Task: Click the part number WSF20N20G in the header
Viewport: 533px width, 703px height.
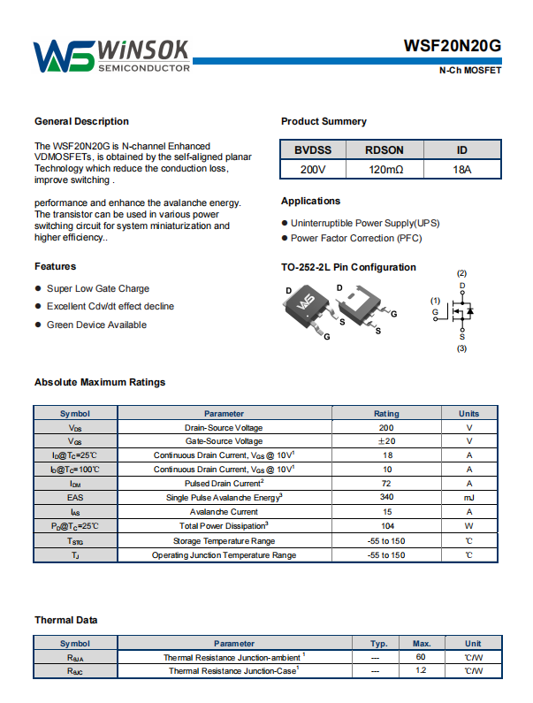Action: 453,46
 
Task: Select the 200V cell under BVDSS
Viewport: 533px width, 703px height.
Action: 312,169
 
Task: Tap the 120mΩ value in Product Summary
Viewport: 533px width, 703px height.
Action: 385,169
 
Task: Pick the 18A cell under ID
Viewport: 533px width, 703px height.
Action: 461,169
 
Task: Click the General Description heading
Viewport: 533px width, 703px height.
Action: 81,121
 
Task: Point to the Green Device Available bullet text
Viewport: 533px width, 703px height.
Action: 96,325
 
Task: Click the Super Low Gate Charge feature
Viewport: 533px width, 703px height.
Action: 98,288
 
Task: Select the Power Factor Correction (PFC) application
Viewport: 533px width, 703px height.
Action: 356,238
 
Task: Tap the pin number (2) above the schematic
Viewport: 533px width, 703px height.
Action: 461,273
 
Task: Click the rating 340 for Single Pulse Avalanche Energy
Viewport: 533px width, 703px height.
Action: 386,497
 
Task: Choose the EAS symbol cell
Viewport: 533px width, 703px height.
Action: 75,497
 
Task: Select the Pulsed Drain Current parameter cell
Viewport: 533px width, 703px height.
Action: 224,483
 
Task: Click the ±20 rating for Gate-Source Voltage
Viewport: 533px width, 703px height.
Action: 386,440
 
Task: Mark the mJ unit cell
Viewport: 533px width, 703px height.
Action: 468,497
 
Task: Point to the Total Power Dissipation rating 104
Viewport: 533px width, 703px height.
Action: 386,525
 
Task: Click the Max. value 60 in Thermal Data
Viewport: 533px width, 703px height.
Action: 421,657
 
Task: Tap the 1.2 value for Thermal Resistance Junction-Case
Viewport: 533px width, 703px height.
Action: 421,671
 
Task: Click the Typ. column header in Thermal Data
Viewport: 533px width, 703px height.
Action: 379,643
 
